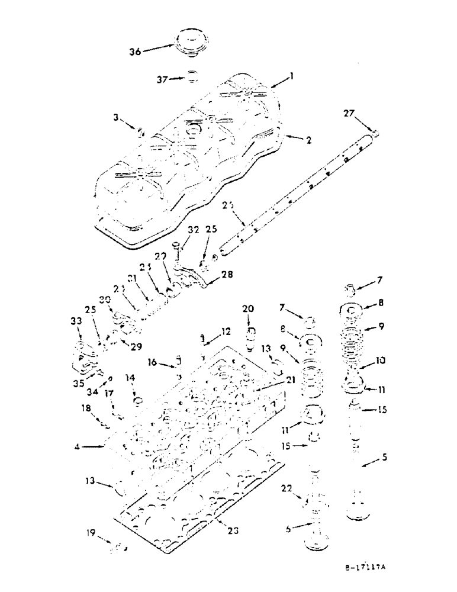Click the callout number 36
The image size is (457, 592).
135,52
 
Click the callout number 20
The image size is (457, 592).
247,309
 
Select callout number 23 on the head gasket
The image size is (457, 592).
233,530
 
